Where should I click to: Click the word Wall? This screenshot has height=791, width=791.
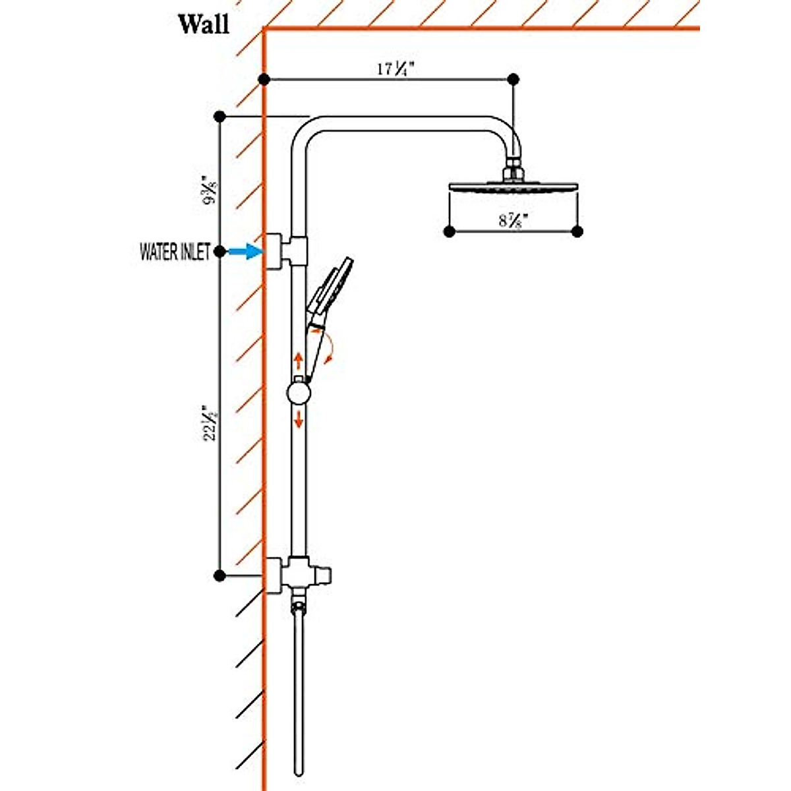coord(204,24)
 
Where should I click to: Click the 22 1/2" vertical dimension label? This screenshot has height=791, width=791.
coord(209,423)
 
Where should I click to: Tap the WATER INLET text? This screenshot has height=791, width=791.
coord(175,252)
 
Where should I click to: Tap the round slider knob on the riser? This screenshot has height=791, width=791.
coord(299,394)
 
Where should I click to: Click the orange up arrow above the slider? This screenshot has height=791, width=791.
coord(299,360)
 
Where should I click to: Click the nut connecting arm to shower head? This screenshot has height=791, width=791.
coord(513,165)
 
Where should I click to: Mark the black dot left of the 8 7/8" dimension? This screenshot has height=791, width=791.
coord(449,231)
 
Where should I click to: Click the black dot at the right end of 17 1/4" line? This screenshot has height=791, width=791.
coord(513,79)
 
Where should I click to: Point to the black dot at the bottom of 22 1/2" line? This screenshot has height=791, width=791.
coord(220,575)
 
